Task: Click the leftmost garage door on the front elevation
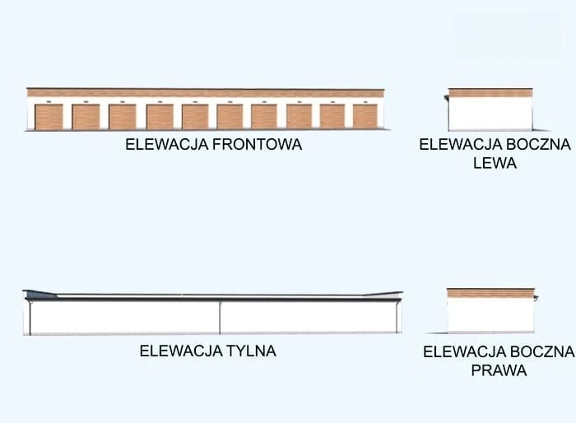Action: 49,116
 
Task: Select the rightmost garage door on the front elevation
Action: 365,116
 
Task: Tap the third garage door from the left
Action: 123,116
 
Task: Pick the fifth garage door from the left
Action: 195,116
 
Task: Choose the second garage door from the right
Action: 332,116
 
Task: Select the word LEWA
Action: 495,163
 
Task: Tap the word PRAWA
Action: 499,371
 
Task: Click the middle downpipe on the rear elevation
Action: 220,318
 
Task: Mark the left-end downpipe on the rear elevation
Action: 30,318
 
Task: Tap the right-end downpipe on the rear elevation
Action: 397,318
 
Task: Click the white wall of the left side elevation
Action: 490,114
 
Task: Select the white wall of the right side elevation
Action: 490,314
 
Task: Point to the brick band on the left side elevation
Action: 490,93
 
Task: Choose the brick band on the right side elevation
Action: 490,293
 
